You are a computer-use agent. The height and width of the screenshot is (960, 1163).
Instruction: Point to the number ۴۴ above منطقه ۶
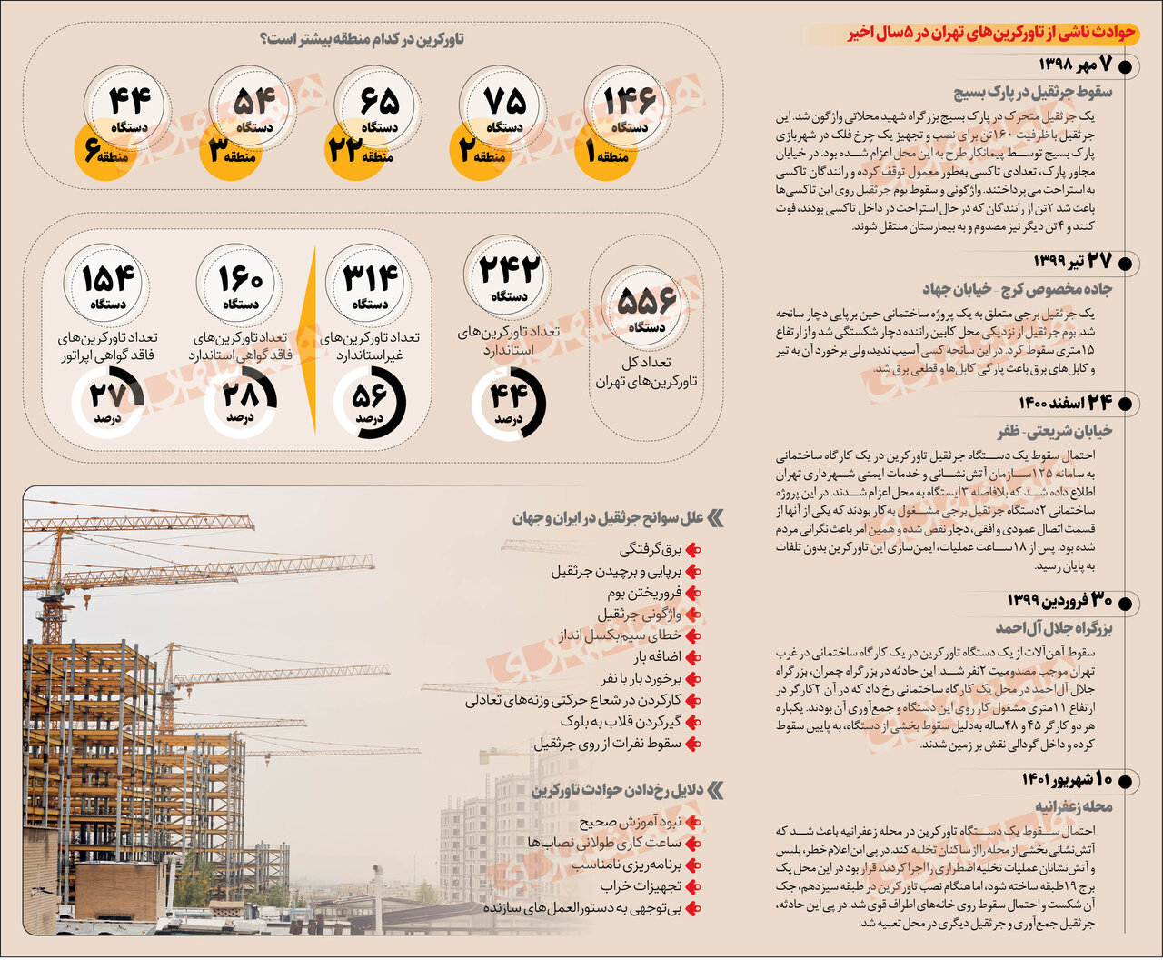coord(129,99)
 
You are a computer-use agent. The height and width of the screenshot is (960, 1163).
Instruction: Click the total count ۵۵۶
coord(647,301)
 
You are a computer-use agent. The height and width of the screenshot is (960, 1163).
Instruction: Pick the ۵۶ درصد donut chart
coord(369,401)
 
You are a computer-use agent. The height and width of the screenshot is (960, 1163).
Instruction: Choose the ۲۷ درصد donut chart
coord(108,401)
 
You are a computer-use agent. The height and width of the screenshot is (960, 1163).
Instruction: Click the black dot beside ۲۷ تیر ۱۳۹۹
coord(1125,264)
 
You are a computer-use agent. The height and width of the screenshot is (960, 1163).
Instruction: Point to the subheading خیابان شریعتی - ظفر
coord(1054,430)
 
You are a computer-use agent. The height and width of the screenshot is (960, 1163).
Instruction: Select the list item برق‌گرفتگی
coord(650,550)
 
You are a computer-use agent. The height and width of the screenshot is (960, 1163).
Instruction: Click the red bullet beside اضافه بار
coord(693,657)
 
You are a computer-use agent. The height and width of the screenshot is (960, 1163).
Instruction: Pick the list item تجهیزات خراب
coord(640,886)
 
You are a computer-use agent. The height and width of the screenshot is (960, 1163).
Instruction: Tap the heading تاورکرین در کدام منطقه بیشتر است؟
coord(362,40)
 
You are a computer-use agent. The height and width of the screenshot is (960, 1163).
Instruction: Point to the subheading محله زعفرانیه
coord(1073,807)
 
